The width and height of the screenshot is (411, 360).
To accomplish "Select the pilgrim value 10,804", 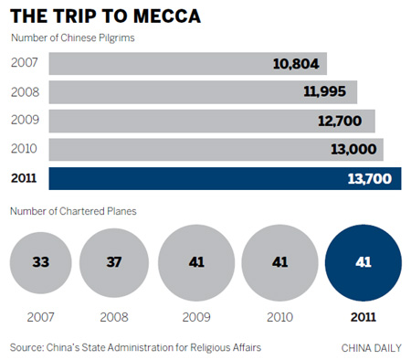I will (x=298, y=64).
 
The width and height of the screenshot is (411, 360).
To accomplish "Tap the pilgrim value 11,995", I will (x=329, y=92).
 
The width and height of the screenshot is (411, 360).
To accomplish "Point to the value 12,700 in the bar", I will (x=342, y=121).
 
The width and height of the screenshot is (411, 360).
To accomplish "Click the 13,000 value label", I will (x=354, y=149).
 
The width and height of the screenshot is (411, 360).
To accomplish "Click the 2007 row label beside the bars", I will (x=25, y=63).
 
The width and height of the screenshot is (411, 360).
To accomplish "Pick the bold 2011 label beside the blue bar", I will (x=25, y=178).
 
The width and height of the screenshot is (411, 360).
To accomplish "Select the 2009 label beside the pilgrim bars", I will (x=25, y=121).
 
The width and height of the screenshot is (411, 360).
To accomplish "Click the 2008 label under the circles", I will (x=114, y=318).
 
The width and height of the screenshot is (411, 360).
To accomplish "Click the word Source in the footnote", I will (x=28, y=347).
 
